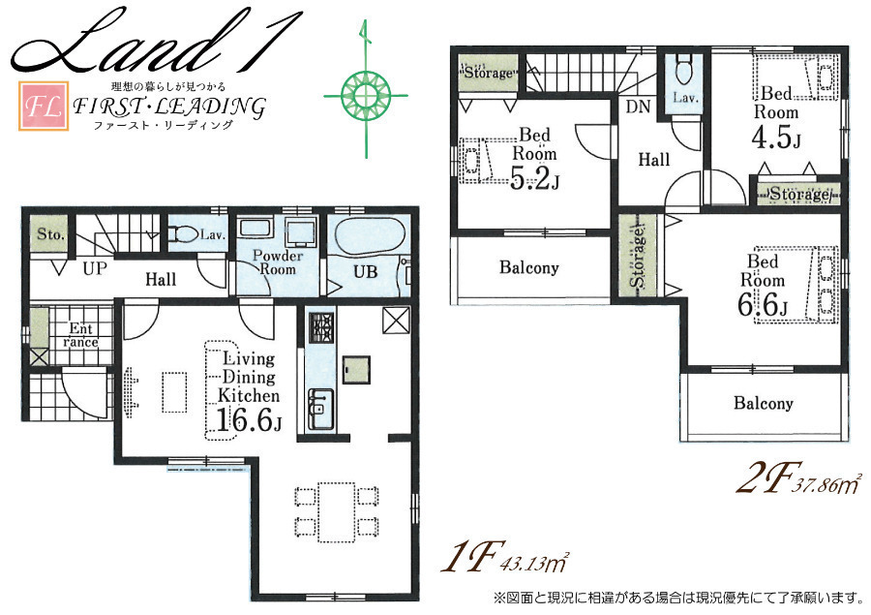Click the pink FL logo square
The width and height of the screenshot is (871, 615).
point(44,107)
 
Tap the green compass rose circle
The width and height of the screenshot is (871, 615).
point(366,95)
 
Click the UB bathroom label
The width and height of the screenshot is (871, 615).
point(366,272)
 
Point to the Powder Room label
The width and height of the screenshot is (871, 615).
point(278,262)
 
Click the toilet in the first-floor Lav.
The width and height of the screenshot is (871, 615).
point(183,234)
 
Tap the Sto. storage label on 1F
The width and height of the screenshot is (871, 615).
point(50,234)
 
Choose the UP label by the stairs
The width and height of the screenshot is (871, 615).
point(95,269)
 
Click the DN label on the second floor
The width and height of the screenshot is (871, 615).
point(638,107)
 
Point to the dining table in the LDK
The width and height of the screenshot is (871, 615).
point(337,511)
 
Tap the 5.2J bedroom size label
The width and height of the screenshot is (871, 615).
point(534,179)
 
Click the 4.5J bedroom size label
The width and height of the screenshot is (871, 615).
point(776,138)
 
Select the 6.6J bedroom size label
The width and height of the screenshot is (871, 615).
point(763,306)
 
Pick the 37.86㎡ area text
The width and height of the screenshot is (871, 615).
point(827,485)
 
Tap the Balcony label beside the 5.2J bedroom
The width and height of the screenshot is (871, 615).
point(528,267)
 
